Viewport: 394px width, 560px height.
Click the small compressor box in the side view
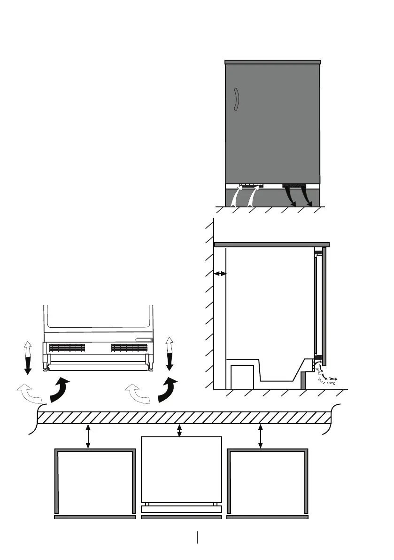243,377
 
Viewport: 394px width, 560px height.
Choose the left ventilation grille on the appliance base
67,348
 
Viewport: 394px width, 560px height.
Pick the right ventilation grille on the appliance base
130,348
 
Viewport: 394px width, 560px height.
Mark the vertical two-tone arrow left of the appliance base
28,358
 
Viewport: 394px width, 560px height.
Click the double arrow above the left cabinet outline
88,436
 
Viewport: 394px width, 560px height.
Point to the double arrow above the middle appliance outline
179,430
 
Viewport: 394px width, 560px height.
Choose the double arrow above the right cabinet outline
261,436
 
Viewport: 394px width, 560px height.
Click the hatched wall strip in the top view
183,418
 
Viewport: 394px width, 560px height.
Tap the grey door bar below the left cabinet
95,517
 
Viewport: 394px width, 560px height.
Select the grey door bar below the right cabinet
267,517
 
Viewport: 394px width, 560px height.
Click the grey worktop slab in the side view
271,245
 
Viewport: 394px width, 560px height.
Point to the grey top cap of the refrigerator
272,62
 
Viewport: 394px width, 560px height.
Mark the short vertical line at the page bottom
197,537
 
